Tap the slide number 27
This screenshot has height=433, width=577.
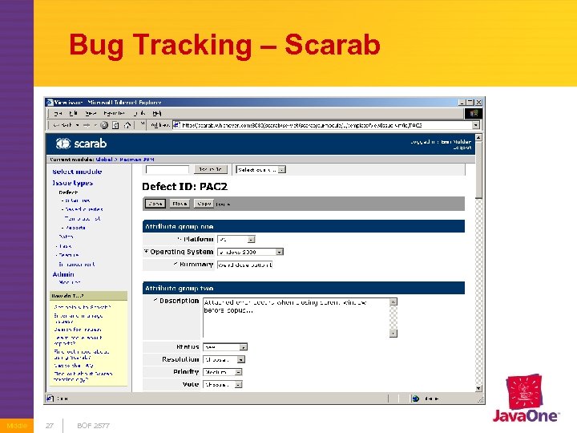(49, 425)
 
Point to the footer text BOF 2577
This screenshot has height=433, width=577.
(93, 425)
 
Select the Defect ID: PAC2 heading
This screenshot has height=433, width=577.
(184, 186)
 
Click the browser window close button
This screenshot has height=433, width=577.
(478, 102)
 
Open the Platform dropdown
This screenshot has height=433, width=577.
(236, 239)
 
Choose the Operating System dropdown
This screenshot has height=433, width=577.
(250, 252)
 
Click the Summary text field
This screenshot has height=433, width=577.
(245, 264)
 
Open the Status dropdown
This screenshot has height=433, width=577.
(224, 347)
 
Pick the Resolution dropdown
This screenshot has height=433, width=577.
(224, 360)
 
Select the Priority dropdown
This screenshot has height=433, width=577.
(224, 372)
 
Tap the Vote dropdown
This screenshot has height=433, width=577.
(224, 384)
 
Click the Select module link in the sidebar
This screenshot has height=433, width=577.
(77, 172)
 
